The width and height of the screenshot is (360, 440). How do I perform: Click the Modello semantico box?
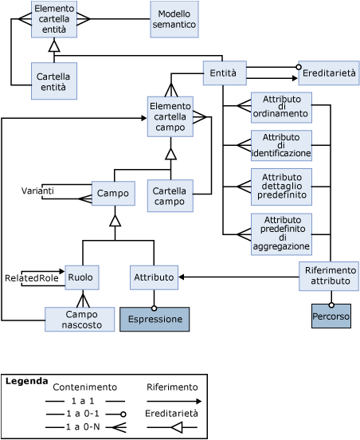pyautogui.click(x=174, y=19)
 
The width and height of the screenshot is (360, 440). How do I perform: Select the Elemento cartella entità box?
pyautogui.click(x=54, y=19)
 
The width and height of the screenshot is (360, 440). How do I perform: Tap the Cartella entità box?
pyautogui.click(x=53, y=81)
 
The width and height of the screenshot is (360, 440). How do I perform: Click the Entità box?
pyautogui.click(x=224, y=73)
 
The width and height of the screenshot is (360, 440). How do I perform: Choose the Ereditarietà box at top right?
pyautogui.click(x=329, y=73)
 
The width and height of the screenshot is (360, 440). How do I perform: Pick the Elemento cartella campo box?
pyautogui.click(x=170, y=116)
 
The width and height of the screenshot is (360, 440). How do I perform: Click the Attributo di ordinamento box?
pyautogui.click(x=280, y=106)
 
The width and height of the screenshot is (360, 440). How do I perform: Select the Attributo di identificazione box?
pyautogui.click(x=280, y=145)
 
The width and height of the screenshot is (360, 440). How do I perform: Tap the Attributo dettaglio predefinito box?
pyautogui.click(x=280, y=187)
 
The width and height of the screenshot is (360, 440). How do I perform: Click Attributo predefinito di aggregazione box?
pyautogui.click(x=280, y=234)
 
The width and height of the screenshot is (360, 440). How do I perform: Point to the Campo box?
pyautogui.click(x=112, y=194)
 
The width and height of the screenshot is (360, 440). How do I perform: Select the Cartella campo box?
pyautogui.click(x=170, y=196)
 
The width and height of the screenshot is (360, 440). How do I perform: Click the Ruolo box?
pyautogui.click(x=81, y=277)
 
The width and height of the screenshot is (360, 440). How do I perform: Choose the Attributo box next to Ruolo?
pyautogui.click(x=154, y=277)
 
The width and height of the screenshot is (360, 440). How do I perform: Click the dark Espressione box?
pyautogui.click(x=155, y=320)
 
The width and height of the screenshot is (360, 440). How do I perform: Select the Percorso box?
pyautogui.click(x=331, y=316)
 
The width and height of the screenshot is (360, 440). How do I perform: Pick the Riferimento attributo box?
pyautogui.click(x=329, y=276)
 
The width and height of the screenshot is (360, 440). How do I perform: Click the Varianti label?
pyautogui.click(x=37, y=191)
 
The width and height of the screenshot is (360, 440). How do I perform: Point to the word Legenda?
pyautogui.click(x=26, y=382)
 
